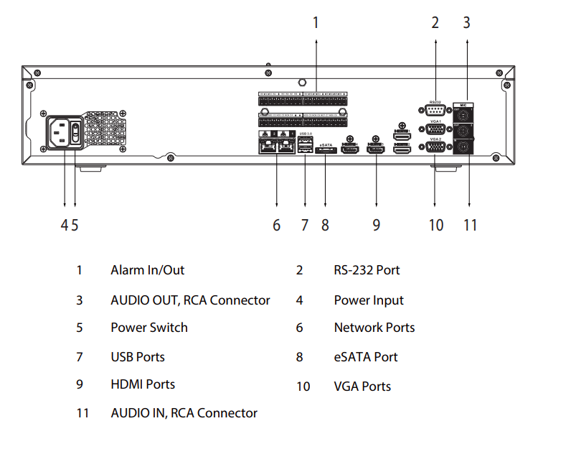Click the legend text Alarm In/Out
tap(147, 270)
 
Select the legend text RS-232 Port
tap(367, 270)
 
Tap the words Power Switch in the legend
tap(148, 328)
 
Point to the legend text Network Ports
tap(374, 328)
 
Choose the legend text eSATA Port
tap(365, 357)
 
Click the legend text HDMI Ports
tap(143, 384)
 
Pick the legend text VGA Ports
tap(362, 386)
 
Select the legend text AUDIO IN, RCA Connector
tap(184, 413)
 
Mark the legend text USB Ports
tap(137, 357)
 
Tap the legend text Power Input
tap(369, 300)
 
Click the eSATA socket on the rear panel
tap(326, 149)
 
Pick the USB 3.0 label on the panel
tap(306, 134)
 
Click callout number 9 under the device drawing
tap(376, 225)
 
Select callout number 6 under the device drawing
tap(276, 225)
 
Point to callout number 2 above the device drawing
tap(435, 22)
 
